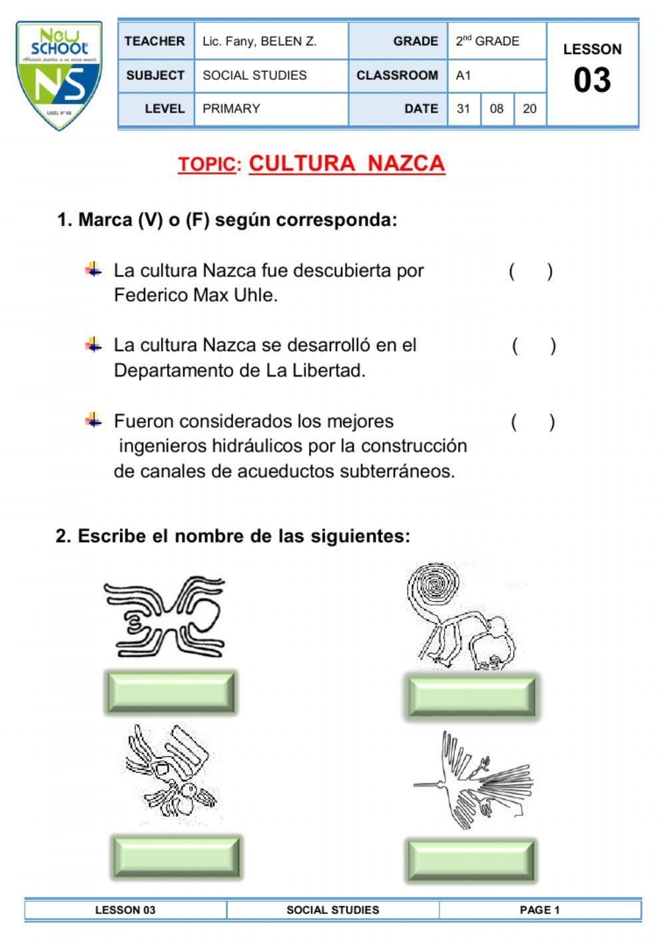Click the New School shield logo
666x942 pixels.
[x=59, y=75]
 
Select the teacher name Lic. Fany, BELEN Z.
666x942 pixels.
[x=259, y=41]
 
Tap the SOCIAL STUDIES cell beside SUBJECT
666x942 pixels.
[x=254, y=75]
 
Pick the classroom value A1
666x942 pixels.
[x=464, y=75]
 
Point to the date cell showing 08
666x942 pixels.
[x=497, y=109]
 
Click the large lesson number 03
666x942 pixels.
[x=592, y=80]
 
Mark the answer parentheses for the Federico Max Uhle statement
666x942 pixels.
[x=531, y=271]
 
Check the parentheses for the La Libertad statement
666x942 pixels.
[x=533, y=346]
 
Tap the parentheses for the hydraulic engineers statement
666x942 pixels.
[x=533, y=422]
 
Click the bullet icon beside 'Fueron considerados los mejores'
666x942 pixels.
[x=93, y=420]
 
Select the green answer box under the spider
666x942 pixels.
[x=170, y=693]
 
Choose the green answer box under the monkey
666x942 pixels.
[x=471, y=696]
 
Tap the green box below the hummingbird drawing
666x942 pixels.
[x=471, y=861]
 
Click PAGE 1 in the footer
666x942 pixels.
[x=539, y=910]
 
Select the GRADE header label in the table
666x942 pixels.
[x=416, y=41]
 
